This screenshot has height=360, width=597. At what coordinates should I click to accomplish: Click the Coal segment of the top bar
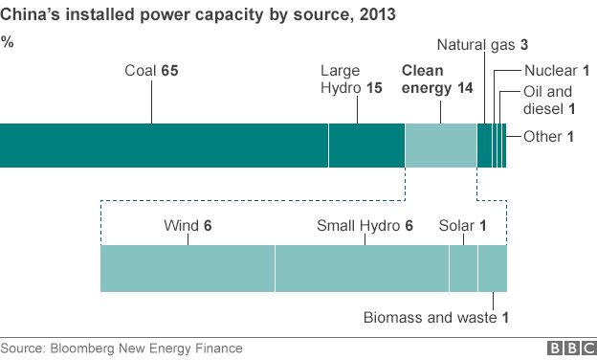164,146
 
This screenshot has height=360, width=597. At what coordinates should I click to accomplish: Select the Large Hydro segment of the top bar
366,146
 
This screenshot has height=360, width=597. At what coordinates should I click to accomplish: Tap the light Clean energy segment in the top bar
440,146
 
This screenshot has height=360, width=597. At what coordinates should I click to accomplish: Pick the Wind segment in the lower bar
188,268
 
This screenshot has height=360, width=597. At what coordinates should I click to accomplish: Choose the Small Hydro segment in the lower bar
362,268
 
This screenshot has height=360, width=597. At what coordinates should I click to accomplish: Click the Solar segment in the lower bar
463,268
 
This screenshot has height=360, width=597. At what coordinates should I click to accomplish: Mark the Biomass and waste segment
492,268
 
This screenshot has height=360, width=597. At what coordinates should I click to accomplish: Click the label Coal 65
152,71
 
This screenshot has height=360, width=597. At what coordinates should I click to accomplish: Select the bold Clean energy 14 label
437,79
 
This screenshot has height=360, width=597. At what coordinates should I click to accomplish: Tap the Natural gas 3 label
482,45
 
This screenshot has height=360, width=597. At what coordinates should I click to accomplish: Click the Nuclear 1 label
557,70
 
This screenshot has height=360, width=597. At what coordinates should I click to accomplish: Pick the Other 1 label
548,137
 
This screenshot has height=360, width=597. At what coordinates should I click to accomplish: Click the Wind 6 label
188,226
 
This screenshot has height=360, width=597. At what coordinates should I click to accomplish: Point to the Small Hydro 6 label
365,226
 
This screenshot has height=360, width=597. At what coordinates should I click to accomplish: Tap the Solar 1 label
463,226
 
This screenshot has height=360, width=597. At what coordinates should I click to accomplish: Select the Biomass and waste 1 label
435,317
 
